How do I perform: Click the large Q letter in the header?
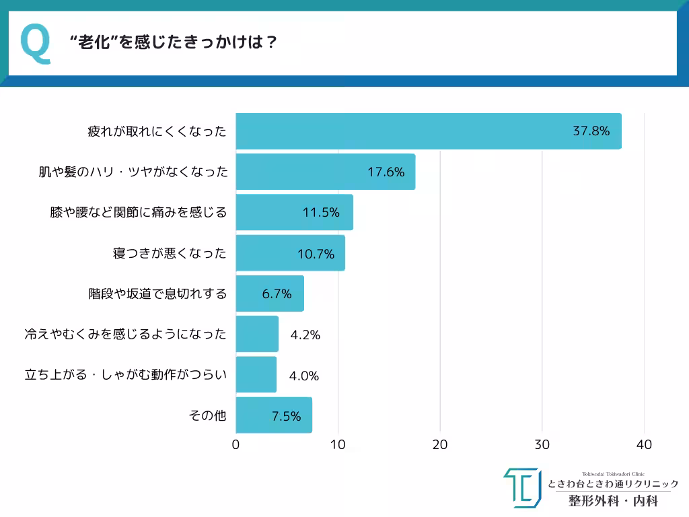(x=36, y=43)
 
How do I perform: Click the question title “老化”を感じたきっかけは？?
(x=174, y=42)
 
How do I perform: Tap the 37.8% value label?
(x=591, y=131)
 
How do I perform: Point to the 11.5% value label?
(x=321, y=213)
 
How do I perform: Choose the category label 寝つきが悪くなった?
(x=170, y=253)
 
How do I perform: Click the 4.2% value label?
(x=305, y=335)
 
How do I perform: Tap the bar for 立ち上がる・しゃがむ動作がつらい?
(x=256, y=375)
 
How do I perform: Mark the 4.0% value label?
(x=303, y=376)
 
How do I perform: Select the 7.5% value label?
(x=286, y=416)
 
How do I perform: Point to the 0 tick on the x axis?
(x=235, y=445)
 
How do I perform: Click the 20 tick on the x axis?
(x=440, y=445)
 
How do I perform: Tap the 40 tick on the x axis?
(x=644, y=445)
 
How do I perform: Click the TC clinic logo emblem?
(x=521, y=487)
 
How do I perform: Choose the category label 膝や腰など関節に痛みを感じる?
(x=138, y=213)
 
